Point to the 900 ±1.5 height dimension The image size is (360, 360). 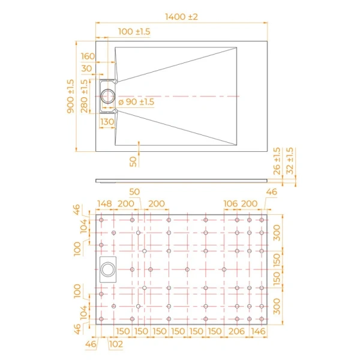[71, 96]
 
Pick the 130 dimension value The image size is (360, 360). [107, 122]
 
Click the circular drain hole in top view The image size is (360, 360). [109, 95]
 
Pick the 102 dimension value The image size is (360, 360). [116, 344]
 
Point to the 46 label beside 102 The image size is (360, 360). [89, 344]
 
